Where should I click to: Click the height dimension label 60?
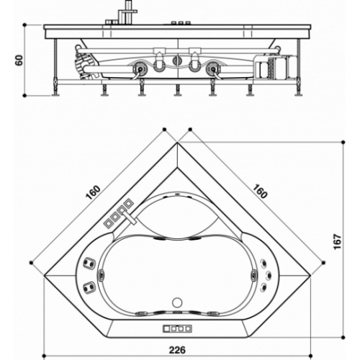pyautogui.click(x=19, y=60)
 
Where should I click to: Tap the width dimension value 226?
pyautogui.click(x=177, y=350)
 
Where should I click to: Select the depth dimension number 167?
pyautogui.click(x=338, y=242)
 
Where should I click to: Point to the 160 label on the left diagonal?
pyautogui.click(x=93, y=193)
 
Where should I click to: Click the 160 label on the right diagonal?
pyautogui.click(x=260, y=192)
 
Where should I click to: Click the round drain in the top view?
pyautogui.click(x=177, y=302)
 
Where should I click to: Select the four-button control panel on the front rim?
pyautogui.click(x=177, y=328)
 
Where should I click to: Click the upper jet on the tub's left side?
pyautogui.click(x=89, y=263)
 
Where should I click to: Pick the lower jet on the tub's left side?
pyautogui.click(x=89, y=287)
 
